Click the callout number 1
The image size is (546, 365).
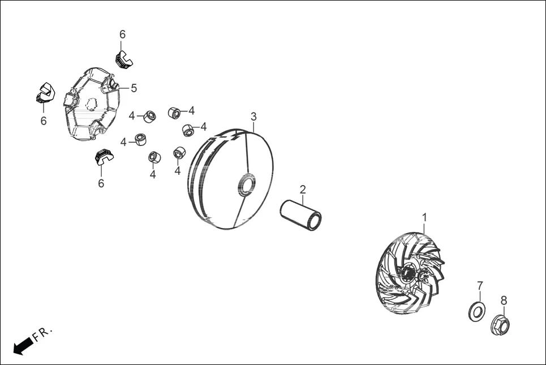coord(425,217)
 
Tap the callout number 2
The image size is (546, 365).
coord(303,189)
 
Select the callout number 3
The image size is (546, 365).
coord(254,117)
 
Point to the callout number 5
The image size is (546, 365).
coord(134,88)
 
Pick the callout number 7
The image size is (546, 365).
coord(480,285)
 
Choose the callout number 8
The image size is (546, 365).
coord(504,300)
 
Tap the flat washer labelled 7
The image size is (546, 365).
coord(478,311)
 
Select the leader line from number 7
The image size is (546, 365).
coord(479,297)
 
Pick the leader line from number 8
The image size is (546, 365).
coord(503,311)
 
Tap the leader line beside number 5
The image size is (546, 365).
coord(123,88)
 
